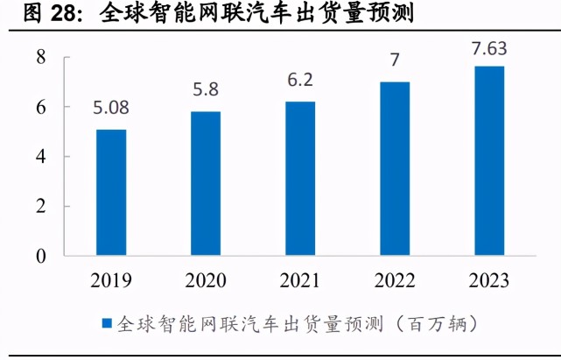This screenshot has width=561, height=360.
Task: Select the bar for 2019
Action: tap(111, 193)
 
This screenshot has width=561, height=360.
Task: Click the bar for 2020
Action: tap(206, 184)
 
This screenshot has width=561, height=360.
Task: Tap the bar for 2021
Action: tap(300, 179)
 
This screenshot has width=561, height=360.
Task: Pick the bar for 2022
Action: tap(395, 169)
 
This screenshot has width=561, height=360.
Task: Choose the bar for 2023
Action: tap(489, 161)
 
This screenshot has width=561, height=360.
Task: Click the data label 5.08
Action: tap(111, 110)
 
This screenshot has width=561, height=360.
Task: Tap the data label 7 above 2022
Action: tap(395, 61)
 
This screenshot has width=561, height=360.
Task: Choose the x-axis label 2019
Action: tap(111, 281)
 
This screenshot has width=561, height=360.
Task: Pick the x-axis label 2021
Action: tap(300, 281)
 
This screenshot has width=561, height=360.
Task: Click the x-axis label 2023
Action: tap(489, 281)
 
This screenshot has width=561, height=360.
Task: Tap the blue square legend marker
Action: tap(107, 323)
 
